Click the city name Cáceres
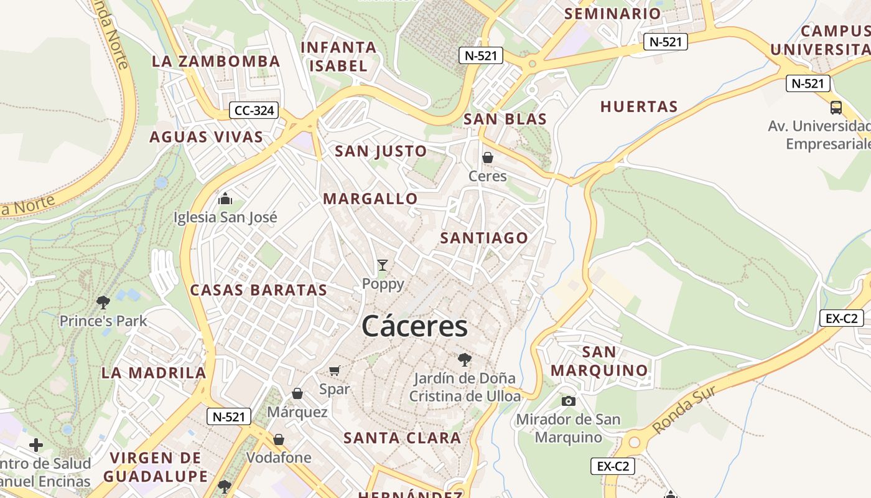tap(414, 326)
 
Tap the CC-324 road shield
tap(253, 111)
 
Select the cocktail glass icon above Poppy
tap(383, 265)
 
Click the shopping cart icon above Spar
tap(335, 371)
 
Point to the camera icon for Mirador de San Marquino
tap(568, 401)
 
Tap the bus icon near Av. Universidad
tap(836, 107)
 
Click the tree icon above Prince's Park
tap(103, 303)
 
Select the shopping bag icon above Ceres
tap(488, 157)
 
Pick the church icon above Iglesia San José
tap(225, 199)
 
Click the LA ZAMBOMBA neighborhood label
tap(216, 61)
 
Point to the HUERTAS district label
tap(639, 107)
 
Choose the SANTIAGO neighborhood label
tap(484, 238)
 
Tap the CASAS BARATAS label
tap(258, 290)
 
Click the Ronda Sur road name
tap(686, 410)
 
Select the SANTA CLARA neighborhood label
tap(403, 438)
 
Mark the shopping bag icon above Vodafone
tap(279, 439)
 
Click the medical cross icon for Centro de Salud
tap(36, 445)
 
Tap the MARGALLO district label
tap(370, 199)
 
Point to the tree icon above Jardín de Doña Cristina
tap(464, 359)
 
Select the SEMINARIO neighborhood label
tap(612, 14)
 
